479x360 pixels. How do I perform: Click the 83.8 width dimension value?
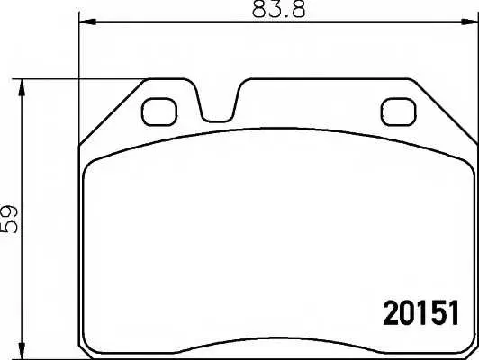click(x=278, y=9)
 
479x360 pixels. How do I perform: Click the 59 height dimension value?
click(x=10, y=220)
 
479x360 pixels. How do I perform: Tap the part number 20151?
click(x=421, y=313)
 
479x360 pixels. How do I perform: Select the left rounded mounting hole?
click(x=159, y=112)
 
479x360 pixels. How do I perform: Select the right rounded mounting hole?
click(x=399, y=112)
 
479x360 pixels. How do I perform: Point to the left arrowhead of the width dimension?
click(x=87, y=22)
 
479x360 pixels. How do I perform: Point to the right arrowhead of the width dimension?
click(x=469, y=22)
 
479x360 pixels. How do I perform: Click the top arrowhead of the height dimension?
click(x=22, y=87)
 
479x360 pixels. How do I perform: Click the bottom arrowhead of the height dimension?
click(x=22, y=350)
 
